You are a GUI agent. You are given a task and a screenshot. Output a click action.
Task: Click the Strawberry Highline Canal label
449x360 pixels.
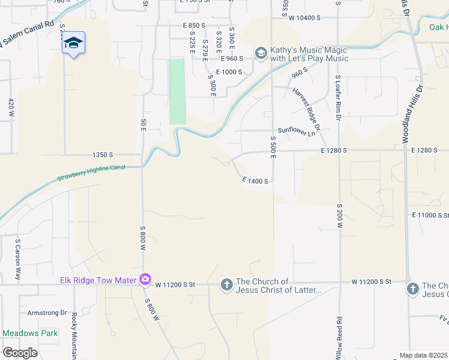[91, 173]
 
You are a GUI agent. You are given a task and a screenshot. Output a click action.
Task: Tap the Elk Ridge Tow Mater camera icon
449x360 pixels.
[145, 280]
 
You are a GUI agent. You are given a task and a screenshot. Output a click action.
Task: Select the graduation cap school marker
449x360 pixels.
[73, 43]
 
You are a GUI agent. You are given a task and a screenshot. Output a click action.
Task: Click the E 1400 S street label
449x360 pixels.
[255, 181]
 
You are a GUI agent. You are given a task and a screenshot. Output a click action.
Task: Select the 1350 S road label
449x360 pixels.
[103, 155]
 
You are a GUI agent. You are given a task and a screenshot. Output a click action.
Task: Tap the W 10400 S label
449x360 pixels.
[306, 18]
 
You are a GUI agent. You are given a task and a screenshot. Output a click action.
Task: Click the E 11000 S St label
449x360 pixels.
[430, 215]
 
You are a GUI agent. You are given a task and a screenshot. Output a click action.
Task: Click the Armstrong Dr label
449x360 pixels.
[47, 313]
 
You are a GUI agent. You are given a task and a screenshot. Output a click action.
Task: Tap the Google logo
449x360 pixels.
[20, 353]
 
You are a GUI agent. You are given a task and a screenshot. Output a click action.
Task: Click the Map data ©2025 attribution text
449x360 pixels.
[424, 355]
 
